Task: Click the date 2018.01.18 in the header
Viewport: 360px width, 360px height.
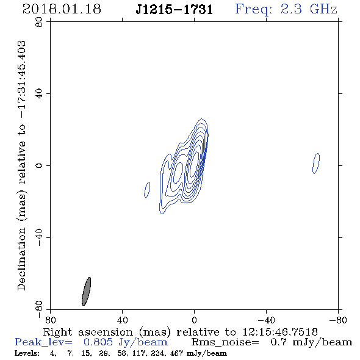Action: click(x=62, y=9)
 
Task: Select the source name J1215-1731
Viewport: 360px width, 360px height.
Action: click(x=175, y=10)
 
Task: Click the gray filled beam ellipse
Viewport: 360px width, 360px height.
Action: click(x=86, y=291)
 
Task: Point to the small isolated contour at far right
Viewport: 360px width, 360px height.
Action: click(x=316, y=164)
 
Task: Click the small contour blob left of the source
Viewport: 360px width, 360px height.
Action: click(x=147, y=190)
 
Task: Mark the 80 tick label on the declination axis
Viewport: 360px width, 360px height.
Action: click(x=39, y=22)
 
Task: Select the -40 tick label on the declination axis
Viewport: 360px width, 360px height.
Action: click(x=39, y=237)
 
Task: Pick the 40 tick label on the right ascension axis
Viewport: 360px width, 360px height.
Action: click(x=122, y=320)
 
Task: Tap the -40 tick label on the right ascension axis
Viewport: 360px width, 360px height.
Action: click(x=266, y=320)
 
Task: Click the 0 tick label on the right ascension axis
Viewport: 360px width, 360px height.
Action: click(x=194, y=320)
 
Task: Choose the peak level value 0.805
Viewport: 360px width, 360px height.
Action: click(x=98, y=342)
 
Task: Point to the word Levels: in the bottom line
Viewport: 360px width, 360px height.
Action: click(x=27, y=353)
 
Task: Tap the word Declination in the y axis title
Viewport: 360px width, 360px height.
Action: click(x=21, y=259)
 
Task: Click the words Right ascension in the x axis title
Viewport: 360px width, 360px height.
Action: click(x=88, y=332)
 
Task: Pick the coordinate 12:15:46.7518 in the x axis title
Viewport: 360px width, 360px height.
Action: click(x=280, y=332)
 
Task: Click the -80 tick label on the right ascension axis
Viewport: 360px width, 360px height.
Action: click(x=338, y=320)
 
